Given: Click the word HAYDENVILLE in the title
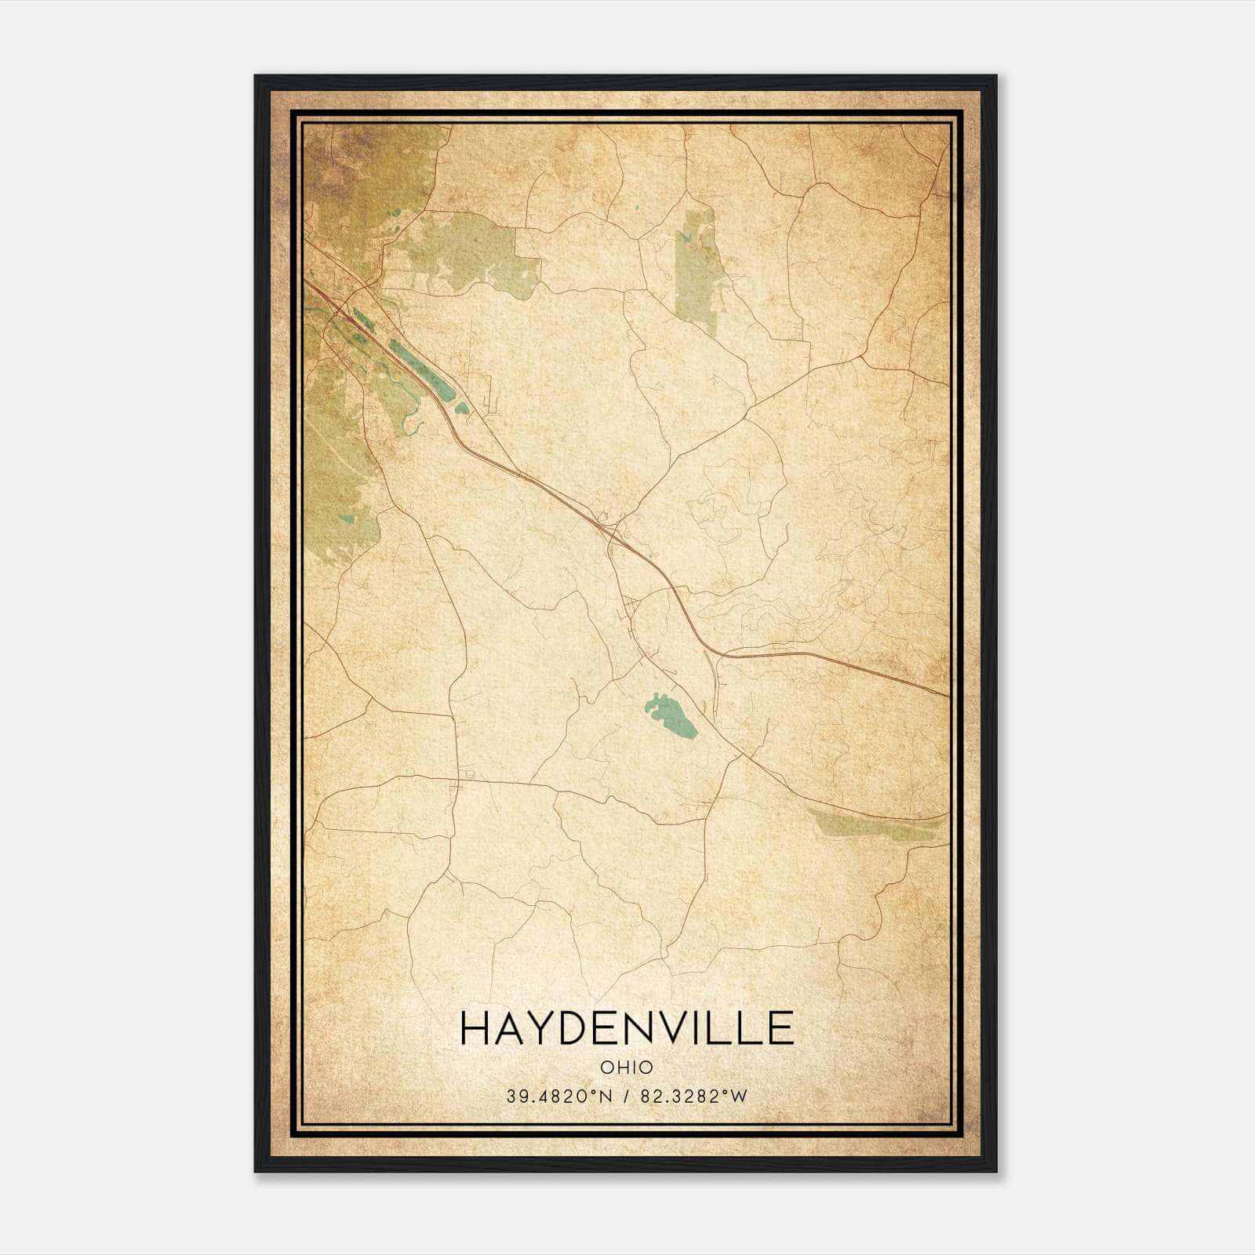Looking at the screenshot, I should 626,1028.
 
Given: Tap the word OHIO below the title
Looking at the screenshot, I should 626,1068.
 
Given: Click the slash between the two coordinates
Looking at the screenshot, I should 625,1097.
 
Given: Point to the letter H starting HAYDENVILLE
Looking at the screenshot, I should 475,1028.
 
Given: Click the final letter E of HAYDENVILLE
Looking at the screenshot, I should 779,1028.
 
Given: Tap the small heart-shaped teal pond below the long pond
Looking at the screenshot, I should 462,408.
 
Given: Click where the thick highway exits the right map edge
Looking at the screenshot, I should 948,695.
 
